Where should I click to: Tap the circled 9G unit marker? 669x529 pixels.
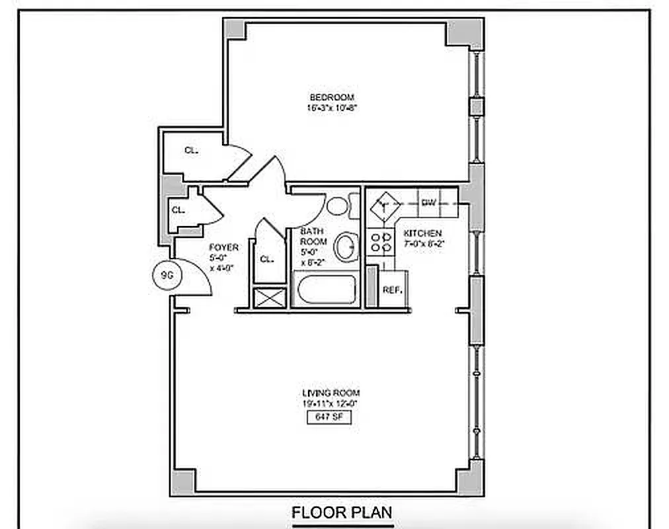point(163,274)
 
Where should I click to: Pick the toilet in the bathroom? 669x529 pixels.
point(338,205)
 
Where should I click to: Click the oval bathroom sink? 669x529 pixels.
point(346,247)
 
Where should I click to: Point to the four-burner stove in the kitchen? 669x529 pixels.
point(380,241)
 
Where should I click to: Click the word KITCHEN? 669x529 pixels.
point(423,233)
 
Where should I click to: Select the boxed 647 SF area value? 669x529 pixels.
point(328,417)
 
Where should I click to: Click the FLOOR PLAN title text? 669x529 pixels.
point(342,512)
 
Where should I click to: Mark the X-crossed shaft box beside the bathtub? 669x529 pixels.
point(269,297)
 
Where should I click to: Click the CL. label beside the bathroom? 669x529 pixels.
point(266,259)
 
